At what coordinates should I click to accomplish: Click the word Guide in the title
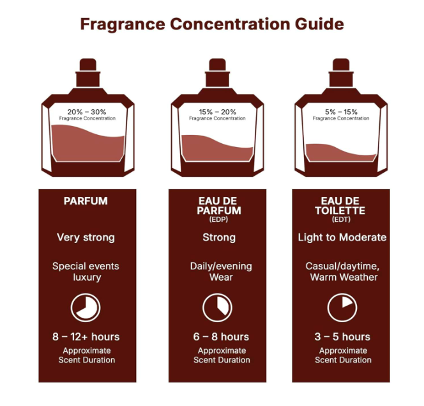point(319,24)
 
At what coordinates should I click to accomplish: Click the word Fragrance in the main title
point(123,24)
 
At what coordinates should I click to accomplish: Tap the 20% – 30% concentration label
point(87,112)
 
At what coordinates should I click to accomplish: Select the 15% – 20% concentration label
point(217,112)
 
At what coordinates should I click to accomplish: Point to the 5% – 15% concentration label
point(341,112)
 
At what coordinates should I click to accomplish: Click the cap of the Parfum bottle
point(88,72)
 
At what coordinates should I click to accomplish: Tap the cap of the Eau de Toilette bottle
point(341,72)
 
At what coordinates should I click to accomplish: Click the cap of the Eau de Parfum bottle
point(217,72)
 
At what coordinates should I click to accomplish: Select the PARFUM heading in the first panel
point(86,201)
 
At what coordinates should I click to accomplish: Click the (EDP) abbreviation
point(218,219)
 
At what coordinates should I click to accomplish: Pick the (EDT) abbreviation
point(341,219)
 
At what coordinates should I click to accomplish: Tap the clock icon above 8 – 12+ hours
point(86,308)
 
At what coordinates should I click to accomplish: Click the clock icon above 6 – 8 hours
point(217,308)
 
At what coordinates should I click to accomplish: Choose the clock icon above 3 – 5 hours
point(342,308)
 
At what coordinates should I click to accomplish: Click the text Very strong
point(86,238)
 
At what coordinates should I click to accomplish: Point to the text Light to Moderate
point(342,237)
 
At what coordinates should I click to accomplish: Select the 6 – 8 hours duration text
point(221,337)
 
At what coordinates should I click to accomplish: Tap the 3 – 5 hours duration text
point(342,337)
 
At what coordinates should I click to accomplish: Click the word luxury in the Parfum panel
point(87,277)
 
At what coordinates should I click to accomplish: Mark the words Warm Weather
point(344,277)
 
